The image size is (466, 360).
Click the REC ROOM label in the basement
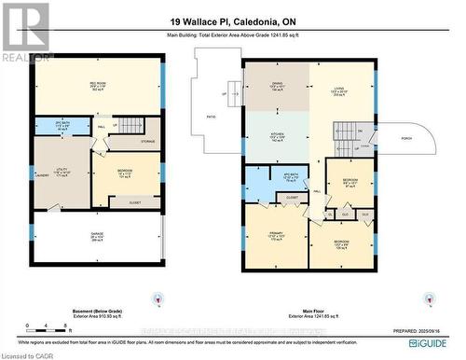(x=97, y=84)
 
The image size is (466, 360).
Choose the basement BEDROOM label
(x=125, y=171)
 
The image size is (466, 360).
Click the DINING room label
(x=277, y=85)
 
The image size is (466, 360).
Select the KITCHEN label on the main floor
(x=277, y=134)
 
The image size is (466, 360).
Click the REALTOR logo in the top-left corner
(x=25, y=33)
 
